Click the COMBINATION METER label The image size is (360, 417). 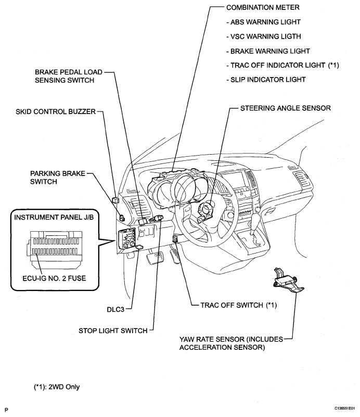point(259,9)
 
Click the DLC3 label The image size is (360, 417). point(113,308)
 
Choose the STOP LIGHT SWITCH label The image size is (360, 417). point(111,330)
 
